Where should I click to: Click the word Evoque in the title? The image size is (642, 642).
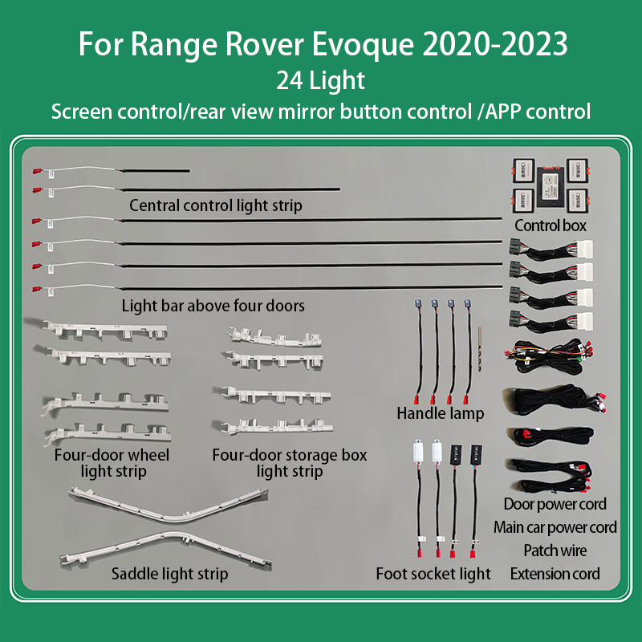tap(363, 44)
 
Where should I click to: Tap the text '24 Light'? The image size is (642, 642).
tap(320, 80)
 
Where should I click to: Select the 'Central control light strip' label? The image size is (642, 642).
tap(216, 205)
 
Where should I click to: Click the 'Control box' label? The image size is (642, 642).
tap(551, 226)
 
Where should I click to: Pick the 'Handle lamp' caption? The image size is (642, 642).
tap(440, 413)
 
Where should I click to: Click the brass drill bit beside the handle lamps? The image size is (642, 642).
tap(480, 349)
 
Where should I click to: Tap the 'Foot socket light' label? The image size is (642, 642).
tap(433, 574)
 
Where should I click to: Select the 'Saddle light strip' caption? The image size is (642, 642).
tap(169, 574)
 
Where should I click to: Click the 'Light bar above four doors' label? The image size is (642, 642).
tap(213, 306)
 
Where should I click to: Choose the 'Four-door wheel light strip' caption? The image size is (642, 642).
tap(112, 463)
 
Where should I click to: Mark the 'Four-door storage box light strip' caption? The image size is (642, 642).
tap(290, 463)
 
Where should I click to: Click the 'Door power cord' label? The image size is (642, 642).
tap(555, 504)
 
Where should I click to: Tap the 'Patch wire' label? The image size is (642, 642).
tap(555, 551)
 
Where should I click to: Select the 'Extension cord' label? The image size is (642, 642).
tap(555, 574)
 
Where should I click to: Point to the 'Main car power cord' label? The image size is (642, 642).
tap(555, 527)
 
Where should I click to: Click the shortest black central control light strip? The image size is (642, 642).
tap(156, 171)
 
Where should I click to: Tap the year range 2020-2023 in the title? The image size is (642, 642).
tap(494, 44)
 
